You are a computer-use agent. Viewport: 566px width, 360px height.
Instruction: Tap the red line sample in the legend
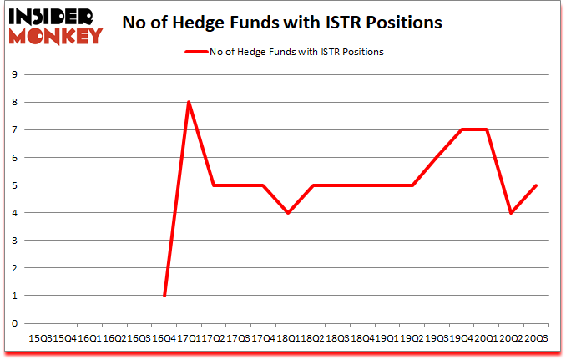(195, 52)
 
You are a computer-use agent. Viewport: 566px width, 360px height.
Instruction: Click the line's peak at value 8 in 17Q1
(190, 102)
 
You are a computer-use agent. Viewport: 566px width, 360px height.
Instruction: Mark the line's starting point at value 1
(164, 295)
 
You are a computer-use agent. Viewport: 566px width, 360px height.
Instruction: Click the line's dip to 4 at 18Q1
(288, 212)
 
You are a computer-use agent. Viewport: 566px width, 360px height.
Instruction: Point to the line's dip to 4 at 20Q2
(511, 212)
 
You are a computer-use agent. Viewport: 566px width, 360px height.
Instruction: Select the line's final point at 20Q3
(535, 185)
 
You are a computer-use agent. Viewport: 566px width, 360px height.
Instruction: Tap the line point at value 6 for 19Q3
(437, 157)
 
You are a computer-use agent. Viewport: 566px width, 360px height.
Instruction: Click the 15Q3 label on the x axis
(41, 337)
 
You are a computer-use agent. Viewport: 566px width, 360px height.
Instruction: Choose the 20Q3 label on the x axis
(535, 337)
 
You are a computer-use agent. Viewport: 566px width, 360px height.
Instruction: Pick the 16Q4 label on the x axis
(164, 337)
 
